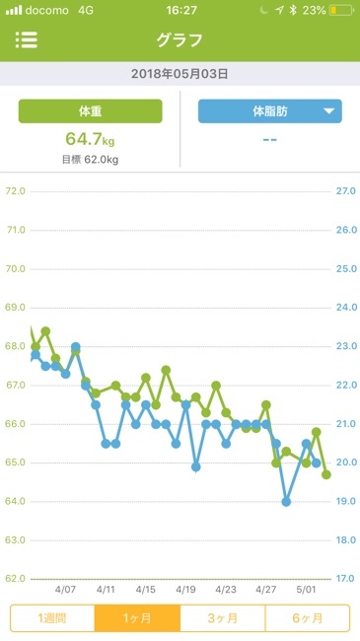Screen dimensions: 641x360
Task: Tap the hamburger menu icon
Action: pos(27,40)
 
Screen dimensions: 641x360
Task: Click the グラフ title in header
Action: pos(180,40)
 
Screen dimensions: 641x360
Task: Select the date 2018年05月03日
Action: pos(180,74)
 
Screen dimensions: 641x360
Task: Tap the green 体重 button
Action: pos(90,111)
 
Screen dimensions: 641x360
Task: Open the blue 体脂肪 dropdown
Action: pos(269,111)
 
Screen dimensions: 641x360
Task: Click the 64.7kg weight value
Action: pos(90,138)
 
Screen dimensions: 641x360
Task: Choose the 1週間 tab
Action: pos(52,617)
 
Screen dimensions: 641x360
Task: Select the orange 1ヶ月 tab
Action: pos(137,617)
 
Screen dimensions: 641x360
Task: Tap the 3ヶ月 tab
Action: pos(222,617)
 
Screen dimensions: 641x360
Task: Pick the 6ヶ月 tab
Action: pos(307,617)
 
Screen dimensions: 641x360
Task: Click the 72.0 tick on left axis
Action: pos(15,191)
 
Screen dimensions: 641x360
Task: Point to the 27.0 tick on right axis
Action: pos(345,191)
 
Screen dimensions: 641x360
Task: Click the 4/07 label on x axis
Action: pos(65,589)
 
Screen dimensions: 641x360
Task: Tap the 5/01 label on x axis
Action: pos(306,589)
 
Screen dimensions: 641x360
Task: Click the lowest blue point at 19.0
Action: pos(286,502)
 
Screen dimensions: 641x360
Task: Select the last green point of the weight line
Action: pos(326,474)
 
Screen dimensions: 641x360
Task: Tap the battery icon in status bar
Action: pos(341,10)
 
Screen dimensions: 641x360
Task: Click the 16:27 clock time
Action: pos(180,10)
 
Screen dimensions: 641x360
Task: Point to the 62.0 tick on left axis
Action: pos(15,579)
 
